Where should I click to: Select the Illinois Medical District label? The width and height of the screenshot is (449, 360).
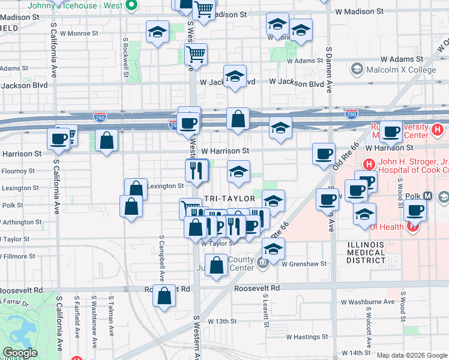[x=374, y=253]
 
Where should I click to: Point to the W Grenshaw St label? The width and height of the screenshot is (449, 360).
[x=303, y=263]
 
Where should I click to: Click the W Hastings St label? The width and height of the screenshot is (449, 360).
[x=307, y=337]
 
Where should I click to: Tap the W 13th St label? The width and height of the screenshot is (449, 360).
[x=222, y=322]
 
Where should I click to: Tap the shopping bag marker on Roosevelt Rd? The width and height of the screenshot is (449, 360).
[x=164, y=295]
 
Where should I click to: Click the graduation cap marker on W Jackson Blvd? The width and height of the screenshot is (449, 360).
[x=235, y=76]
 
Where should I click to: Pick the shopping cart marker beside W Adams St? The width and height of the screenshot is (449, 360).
[x=196, y=54]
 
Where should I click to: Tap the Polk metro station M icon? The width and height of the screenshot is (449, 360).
[x=428, y=196]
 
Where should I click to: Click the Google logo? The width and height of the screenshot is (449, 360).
[x=20, y=353]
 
